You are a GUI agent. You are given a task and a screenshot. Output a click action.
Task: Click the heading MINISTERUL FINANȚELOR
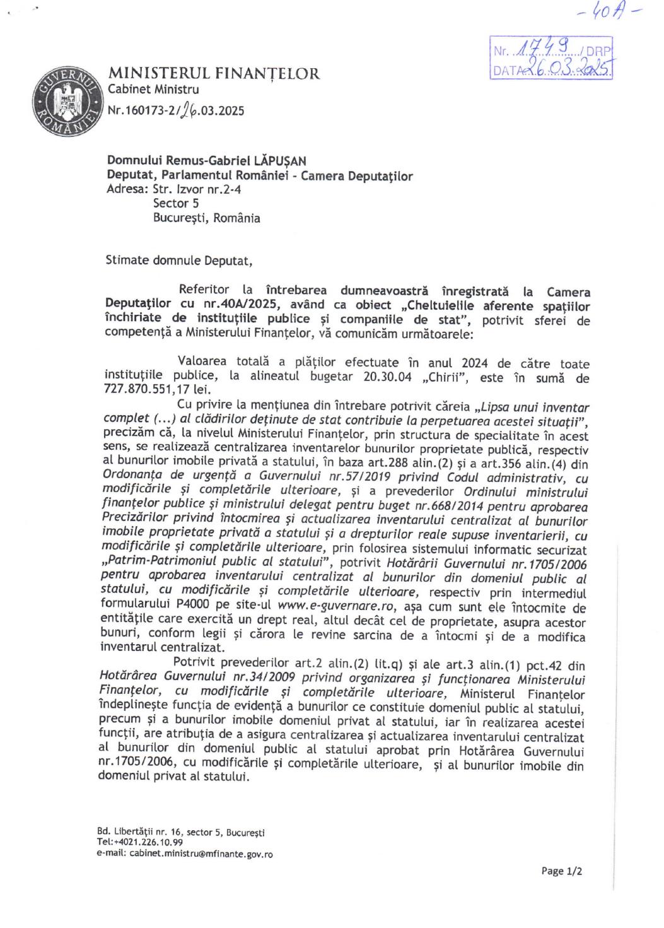(x=214, y=74)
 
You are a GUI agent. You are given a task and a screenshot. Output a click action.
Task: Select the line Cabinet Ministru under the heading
(x=153, y=90)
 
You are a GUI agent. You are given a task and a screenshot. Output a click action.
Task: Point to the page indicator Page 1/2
(x=561, y=871)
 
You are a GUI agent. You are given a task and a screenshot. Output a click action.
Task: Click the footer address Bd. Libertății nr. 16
(x=138, y=831)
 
